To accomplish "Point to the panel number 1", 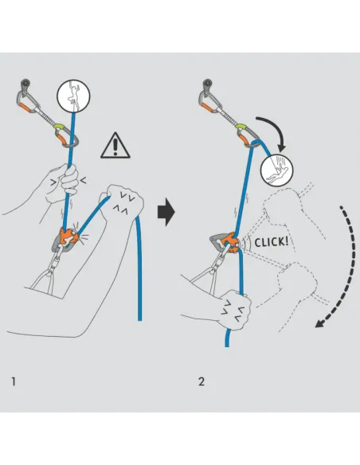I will point(13,381).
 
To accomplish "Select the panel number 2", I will point(202,381).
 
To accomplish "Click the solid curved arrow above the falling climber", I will point(276,131).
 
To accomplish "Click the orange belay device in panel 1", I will point(65,237).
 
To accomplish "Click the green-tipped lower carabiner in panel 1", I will point(65,133).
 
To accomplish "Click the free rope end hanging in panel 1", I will point(139,287).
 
